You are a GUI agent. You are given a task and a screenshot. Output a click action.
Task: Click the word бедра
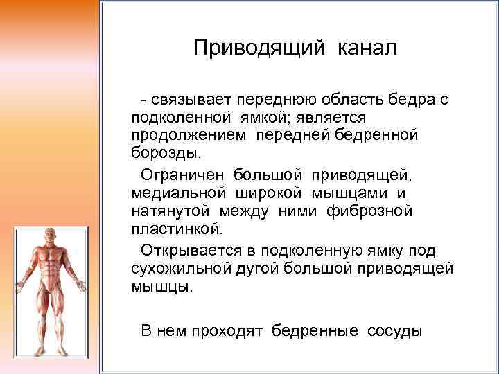[412, 100]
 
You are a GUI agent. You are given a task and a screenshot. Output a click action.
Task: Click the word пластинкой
[177, 227]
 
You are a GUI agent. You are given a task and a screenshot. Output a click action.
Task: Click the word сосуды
[395, 330]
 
